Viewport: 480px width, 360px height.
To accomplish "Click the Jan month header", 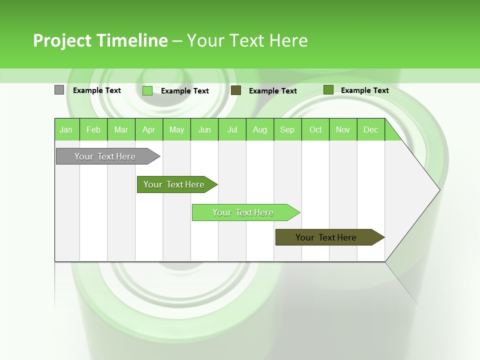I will tap(66, 129).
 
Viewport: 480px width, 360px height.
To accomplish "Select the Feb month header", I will tap(93, 129).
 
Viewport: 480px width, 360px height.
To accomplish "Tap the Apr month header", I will tap(149, 129).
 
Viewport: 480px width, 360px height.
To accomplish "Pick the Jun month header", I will tap(204, 129).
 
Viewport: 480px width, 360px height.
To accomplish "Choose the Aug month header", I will tap(260, 129).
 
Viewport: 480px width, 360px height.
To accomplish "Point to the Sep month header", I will tap(287, 129).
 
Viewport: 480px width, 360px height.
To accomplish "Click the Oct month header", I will tap(315, 129).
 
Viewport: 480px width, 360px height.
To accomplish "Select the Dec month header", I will tap(371, 129).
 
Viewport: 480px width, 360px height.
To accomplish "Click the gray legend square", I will tap(59, 90).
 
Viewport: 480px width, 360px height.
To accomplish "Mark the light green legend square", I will tap(147, 90).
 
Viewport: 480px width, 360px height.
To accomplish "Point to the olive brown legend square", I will tap(236, 90).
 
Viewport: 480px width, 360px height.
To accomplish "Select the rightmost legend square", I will tap(328, 90).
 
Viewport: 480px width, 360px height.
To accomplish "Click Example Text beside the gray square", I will tap(97, 90).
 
